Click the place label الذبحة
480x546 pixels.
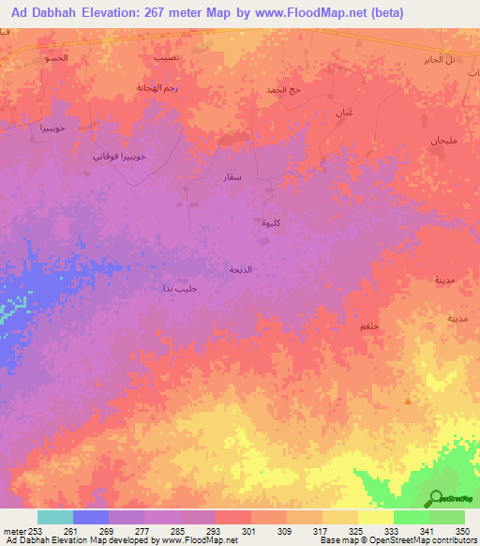tap(241, 268)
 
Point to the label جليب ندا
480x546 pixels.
tap(179, 288)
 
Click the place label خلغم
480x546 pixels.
tap(368, 325)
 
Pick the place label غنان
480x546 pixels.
tap(345, 112)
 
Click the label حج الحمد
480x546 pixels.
tap(282, 90)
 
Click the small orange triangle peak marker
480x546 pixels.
tap(408, 401)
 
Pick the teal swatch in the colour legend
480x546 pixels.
tap(54, 517)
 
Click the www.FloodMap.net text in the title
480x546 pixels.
tap(315, 13)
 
